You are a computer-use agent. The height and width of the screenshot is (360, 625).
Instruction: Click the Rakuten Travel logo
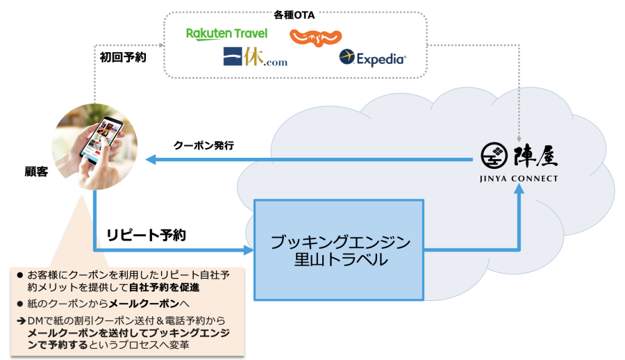click(x=226, y=33)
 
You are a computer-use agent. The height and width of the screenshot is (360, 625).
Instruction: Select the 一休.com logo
click(x=256, y=57)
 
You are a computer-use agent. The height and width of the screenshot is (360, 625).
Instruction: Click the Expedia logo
click(x=372, y=58)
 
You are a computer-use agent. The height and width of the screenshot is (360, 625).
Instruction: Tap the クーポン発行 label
click(x=203, y=146)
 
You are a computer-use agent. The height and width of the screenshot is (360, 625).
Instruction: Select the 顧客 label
click(x=36, y=172)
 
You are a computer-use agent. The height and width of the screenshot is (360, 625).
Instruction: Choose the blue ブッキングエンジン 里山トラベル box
click(x=340, y=251)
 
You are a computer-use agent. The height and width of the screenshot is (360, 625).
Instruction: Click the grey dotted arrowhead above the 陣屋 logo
click(x=519, y=138)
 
